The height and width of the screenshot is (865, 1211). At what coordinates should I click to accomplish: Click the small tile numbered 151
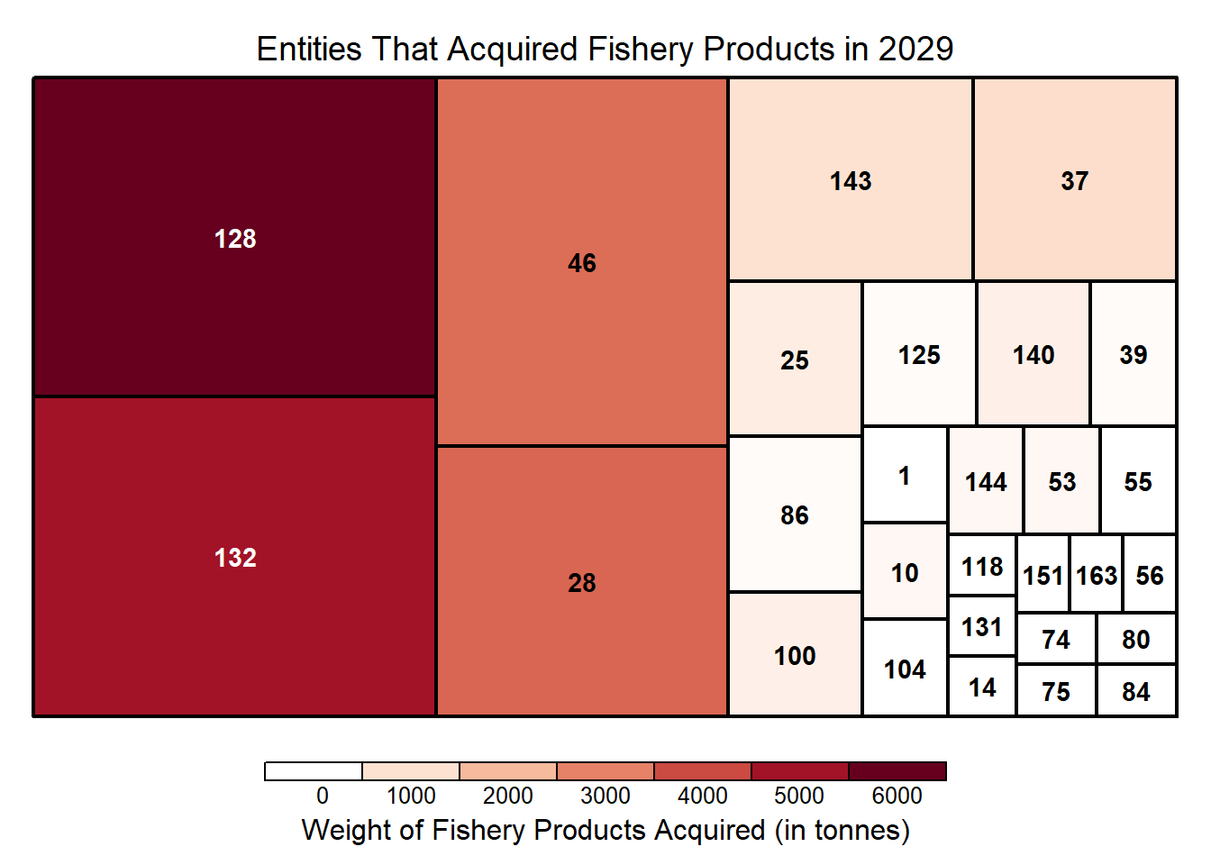pos(1043,574)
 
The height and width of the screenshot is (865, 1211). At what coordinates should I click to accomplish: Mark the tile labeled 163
pos(1096,574)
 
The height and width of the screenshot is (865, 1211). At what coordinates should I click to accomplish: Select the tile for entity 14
pos(981,687)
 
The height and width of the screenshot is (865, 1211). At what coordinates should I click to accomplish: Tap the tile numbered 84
pos(1135,691)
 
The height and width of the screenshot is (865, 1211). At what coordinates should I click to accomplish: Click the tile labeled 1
pos(904,475)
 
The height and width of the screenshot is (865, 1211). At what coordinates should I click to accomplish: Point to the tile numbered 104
pos(904,669)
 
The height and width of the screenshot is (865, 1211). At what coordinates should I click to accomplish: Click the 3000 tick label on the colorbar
pos(605,796)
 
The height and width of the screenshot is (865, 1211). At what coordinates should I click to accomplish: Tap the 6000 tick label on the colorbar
pos(897,796)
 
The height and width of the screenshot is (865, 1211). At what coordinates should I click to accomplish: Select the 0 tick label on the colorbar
pos(322,796)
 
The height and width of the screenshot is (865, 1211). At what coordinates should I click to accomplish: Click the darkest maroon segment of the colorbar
pos(897,771)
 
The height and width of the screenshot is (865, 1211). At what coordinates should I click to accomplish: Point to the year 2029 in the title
pos(915,49)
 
